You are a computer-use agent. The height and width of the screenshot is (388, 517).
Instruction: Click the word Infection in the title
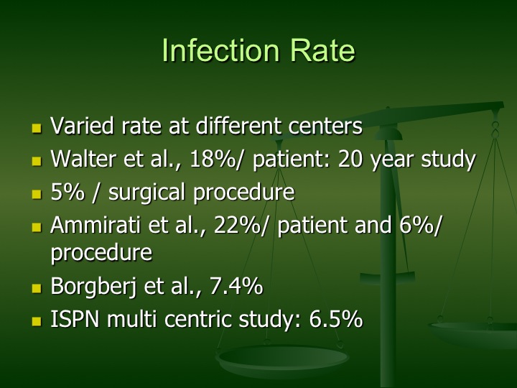tap(220, 50)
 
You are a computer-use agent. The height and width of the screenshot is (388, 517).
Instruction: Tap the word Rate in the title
tap(322, 50)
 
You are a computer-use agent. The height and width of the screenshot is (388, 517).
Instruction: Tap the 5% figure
tap(67, 192)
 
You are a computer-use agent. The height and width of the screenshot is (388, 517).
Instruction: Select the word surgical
tap(146, 193)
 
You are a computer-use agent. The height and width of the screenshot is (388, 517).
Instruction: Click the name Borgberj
tap(93, 287)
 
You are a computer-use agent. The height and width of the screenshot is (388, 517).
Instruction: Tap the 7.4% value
tap(236, 286)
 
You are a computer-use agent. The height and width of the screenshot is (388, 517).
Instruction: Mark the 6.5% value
tap(336, 319)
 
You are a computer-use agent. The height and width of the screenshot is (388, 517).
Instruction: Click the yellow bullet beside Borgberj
tap(37, 288)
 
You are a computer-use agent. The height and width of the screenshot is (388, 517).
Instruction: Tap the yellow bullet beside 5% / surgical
tap(37, 194)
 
